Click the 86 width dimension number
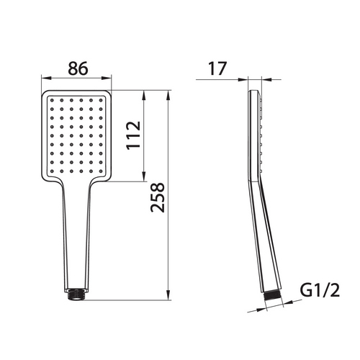tap(78, 68)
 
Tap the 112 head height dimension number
tap(133, 135)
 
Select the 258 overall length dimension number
tap(158, 197)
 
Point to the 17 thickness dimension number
tap(217, 68)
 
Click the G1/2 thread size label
tap(320, 290)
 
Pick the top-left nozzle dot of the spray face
tap(52, 100)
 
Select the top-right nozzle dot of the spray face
tap(101, 100)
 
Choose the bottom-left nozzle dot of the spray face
tap(52, 171)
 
